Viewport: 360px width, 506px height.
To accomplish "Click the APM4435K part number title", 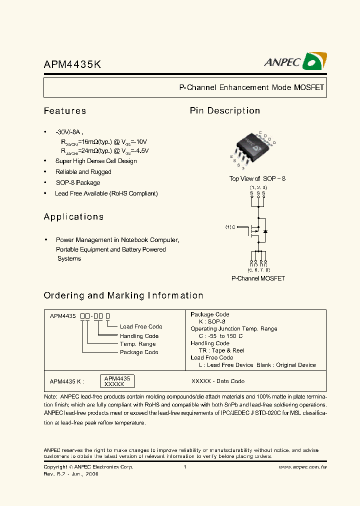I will coord(72,64).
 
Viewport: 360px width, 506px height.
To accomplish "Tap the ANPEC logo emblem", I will coord(315,61).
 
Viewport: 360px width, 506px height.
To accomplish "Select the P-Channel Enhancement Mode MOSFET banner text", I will coord(251,87).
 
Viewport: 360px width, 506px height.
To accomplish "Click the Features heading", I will coord(65,111).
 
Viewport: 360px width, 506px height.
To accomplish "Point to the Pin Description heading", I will coord(225,111).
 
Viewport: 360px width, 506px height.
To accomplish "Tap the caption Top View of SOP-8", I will coord(257,178).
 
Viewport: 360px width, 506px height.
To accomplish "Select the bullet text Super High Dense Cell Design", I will coord(96,161).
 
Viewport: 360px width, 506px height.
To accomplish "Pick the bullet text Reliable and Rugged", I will coord(83,172).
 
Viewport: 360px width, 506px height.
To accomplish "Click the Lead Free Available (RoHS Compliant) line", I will coord(106,193).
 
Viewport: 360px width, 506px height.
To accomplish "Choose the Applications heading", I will coord(74,217).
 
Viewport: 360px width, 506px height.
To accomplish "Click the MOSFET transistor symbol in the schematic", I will coord(257,231).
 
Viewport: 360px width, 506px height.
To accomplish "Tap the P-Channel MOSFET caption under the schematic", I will coord(257,278).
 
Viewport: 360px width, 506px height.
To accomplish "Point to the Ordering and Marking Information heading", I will coord(123,295).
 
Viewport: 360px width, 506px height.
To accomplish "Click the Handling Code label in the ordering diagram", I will coord(139,336).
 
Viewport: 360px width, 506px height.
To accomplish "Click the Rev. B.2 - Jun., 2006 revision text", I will coord(71,474).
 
